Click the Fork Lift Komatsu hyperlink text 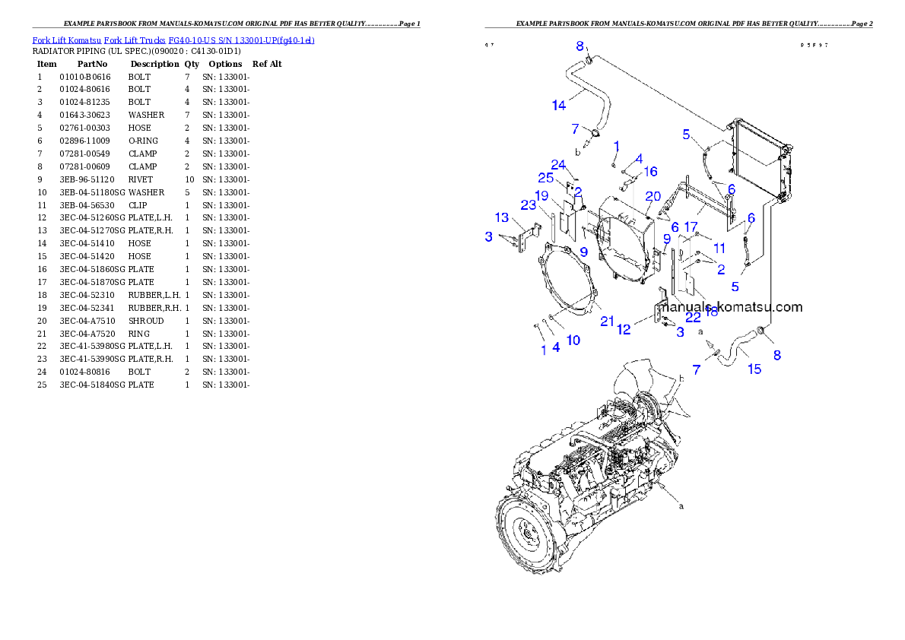pos(173,40)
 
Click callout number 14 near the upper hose pos(559,106)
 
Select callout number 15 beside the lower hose pos(754,369)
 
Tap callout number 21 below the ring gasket pos(607,322)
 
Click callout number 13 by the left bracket pos(502,219)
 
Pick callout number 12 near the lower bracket pos(624,329)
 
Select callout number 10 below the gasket pos(573,340)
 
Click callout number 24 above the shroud pos(558,165)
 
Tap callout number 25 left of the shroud pos(545,178)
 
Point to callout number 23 pos(529,204)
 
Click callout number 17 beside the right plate pos(691,227)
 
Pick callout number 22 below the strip pos(692,318)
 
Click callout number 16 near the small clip pos(650,172)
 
